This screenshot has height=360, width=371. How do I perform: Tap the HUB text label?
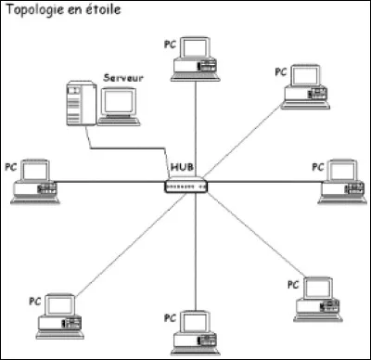pos(182,167)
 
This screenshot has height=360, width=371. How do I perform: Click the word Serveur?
pos(124,80)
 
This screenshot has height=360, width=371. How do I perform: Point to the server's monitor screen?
pos(118,102)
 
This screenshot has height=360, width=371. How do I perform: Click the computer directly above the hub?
pos(198,55)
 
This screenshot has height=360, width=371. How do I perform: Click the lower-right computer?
pos(314,296)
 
